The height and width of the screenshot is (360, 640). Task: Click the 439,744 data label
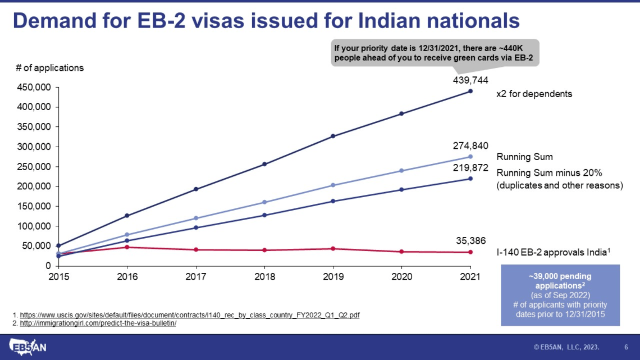pos(467,80)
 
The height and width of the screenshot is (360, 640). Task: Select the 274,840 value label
pos(467,145)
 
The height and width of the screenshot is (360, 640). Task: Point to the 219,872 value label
pos(467,167)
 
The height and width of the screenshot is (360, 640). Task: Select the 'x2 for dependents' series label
pos(534,94)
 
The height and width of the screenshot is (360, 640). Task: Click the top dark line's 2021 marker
pos(470,91)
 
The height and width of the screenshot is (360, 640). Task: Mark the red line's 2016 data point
pos(127,247)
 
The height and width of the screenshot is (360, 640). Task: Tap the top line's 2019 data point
pos(333,136)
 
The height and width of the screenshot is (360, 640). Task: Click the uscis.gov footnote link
pos(190,316)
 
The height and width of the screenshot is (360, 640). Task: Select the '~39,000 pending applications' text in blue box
pos(560,281)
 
